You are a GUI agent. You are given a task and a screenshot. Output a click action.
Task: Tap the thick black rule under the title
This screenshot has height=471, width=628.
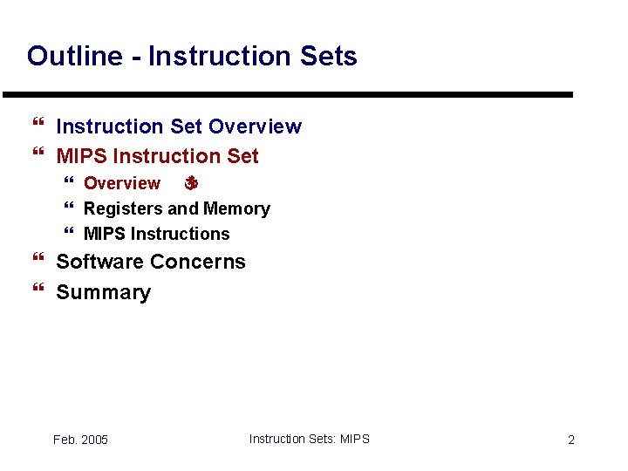288,94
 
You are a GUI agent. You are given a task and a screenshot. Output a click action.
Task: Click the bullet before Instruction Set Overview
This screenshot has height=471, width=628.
37,127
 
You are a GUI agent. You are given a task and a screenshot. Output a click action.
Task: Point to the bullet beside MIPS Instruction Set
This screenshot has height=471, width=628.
37,157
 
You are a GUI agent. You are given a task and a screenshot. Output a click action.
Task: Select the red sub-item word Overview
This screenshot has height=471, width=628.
121,184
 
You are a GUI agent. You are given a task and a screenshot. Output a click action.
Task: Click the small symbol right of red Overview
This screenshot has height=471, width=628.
192,184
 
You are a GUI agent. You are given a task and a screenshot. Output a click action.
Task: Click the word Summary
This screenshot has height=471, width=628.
103,292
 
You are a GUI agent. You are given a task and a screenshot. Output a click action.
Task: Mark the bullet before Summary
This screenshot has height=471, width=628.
37,292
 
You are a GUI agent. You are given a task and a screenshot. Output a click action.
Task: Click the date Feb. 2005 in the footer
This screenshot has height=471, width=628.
80,440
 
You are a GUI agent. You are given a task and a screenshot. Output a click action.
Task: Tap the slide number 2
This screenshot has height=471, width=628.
571,440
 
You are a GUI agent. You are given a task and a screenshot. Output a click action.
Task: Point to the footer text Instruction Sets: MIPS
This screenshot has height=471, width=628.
309,439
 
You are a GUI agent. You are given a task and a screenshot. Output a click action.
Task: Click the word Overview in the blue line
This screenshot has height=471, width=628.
256,126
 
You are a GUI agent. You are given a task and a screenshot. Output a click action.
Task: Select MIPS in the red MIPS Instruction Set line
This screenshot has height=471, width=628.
82,157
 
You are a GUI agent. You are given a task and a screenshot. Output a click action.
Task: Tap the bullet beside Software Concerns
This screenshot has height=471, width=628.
37,262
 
